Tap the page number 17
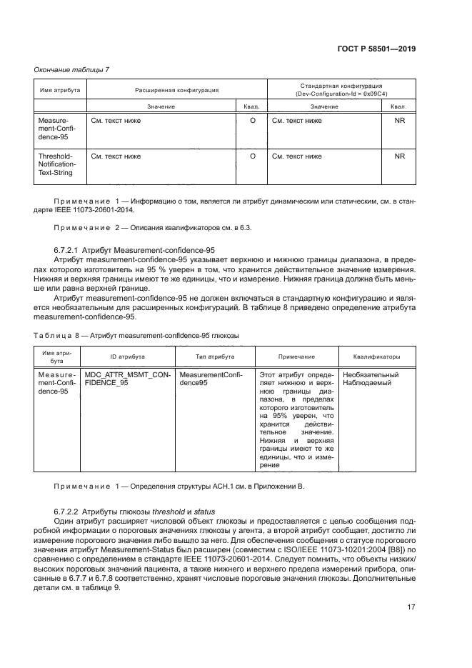(x=411, y=607)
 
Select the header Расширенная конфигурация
(x=176, y=91)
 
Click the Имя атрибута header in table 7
(x=59, y=91)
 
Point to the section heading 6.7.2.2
(x=136, y=513)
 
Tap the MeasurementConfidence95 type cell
(x=211, y=378)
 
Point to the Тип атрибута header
(x=211, y=356)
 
